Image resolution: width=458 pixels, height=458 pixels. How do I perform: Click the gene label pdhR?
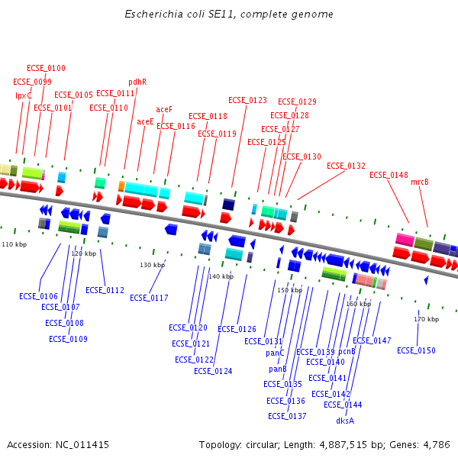coord(137,82)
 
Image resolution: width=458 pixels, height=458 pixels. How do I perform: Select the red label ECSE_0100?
coord(46,69)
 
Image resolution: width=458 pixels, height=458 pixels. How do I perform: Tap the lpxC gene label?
coord(24,95)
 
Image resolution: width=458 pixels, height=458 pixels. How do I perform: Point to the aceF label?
coord(164,109)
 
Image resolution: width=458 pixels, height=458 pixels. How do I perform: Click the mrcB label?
coord(420,182)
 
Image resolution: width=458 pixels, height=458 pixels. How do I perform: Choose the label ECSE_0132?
coord(346,166)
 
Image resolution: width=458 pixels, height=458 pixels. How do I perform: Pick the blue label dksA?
coord(345,421)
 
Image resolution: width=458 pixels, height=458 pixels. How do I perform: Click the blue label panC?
coord(275,353)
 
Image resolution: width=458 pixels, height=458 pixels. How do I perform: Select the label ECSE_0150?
coord(416,350)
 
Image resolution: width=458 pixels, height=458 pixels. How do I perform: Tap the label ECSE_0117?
coord(149,298)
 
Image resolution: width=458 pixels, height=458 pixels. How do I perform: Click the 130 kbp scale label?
coord(152,265)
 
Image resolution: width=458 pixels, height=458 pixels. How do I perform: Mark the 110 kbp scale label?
coord(14,244)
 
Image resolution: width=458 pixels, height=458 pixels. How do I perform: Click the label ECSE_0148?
coord(389,175)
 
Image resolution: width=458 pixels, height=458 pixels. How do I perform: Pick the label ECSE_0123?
coord(247,100)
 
